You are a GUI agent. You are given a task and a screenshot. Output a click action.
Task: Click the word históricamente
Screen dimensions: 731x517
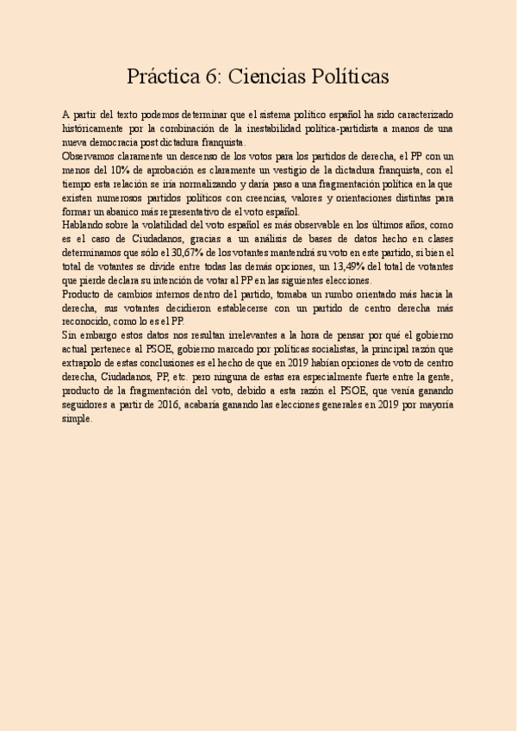[97, 128]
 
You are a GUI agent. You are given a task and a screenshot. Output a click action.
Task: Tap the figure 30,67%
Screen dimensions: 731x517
[174, 253]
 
